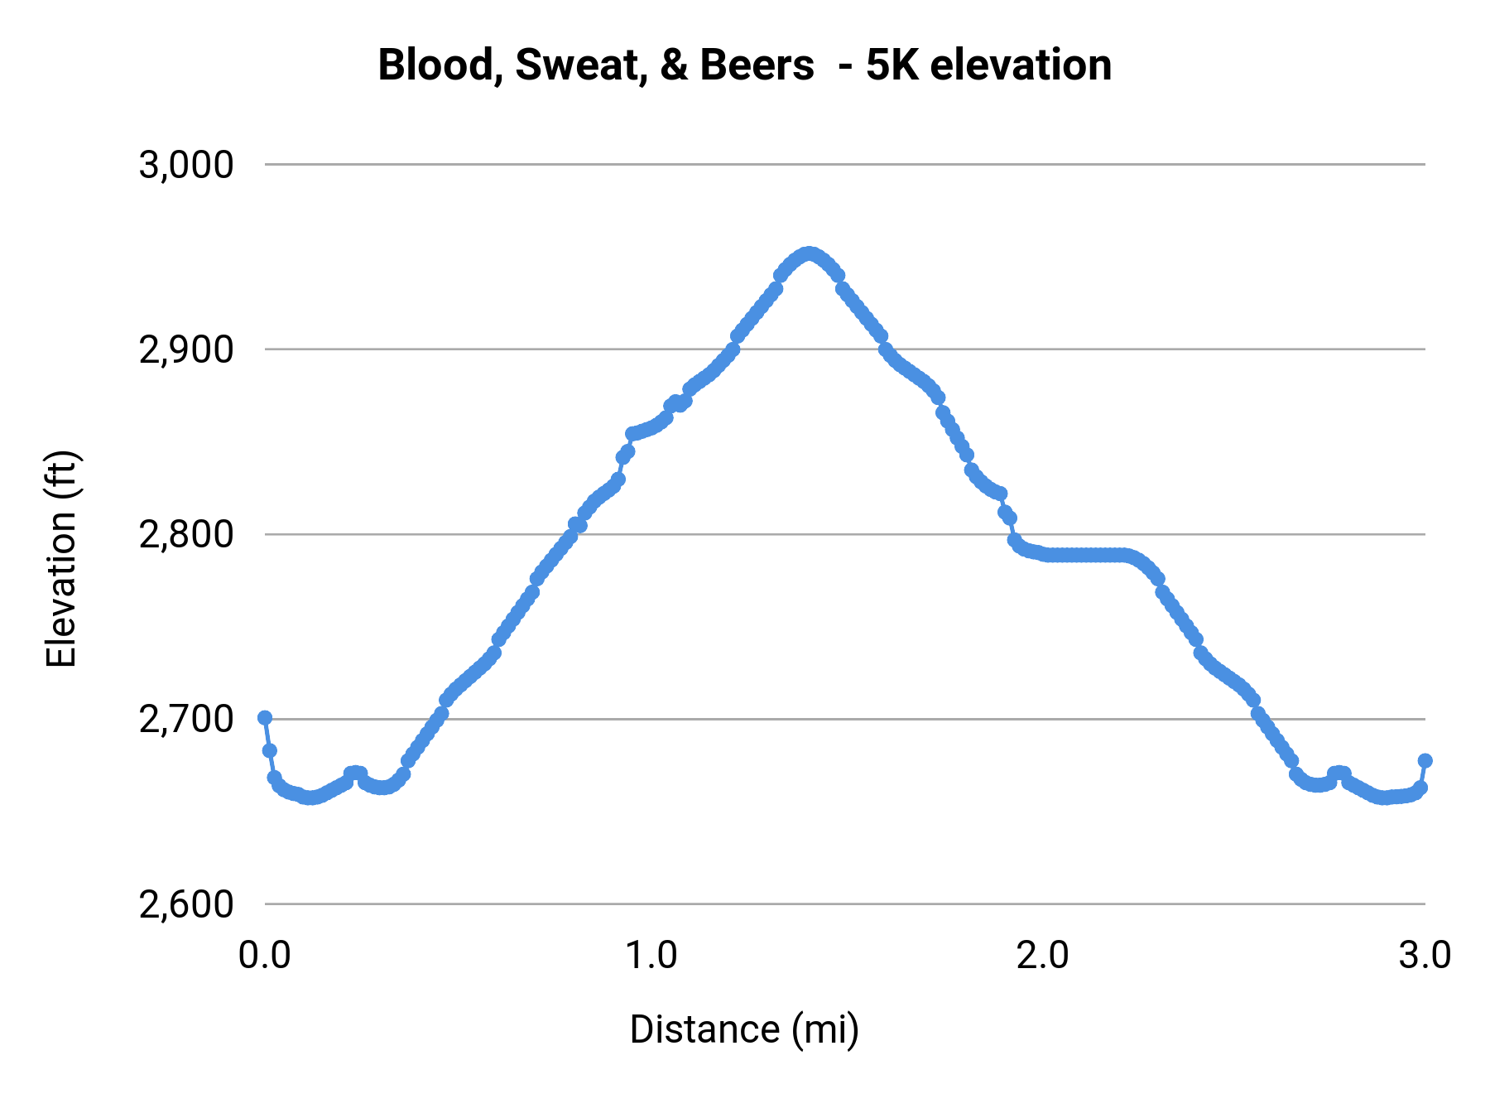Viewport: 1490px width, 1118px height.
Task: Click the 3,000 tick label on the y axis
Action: tap(186, 165)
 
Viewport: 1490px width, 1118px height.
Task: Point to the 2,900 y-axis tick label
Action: tap(186, 350)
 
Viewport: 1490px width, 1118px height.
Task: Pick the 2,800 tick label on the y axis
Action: tap(186, 535)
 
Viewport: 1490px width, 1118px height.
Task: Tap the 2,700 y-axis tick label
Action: tap(186, 720)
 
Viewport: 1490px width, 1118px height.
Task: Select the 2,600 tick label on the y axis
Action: tap(186, 904)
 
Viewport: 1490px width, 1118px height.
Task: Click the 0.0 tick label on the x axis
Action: tap(264, 956)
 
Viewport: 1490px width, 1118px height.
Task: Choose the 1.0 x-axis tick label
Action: tap(651, 956)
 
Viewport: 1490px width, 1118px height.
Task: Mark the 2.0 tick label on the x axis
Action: tap(1042, 956)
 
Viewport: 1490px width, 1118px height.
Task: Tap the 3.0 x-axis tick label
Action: tap(1425, 956)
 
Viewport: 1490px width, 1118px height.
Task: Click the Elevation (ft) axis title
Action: tap(61, 559)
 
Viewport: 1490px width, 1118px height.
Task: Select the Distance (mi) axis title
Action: tap(744, 1029)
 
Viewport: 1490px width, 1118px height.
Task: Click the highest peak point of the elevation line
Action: tap(809, 253)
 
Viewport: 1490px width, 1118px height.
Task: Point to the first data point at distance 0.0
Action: tap(265, 717)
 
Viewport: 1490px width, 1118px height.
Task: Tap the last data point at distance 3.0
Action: tap(1425, 760)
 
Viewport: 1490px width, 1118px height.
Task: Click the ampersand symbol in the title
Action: tap(674, 65)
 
